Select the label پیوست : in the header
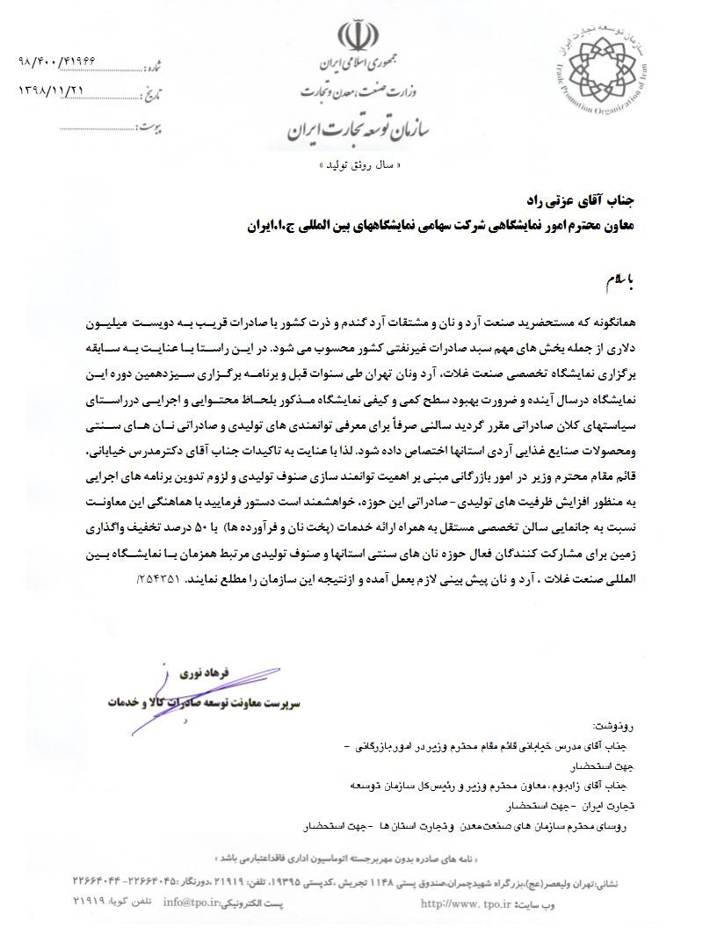155,127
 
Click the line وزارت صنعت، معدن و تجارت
357,91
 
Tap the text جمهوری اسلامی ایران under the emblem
358,65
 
